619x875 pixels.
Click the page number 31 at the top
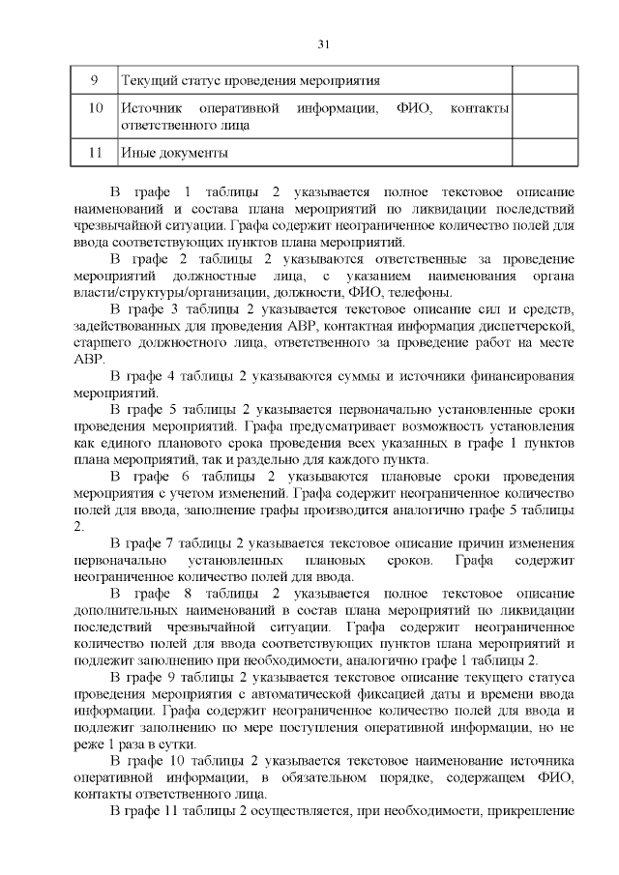pos(323,43)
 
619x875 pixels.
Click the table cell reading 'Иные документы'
pos(174,153)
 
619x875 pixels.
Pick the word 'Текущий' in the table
pos(145,80)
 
